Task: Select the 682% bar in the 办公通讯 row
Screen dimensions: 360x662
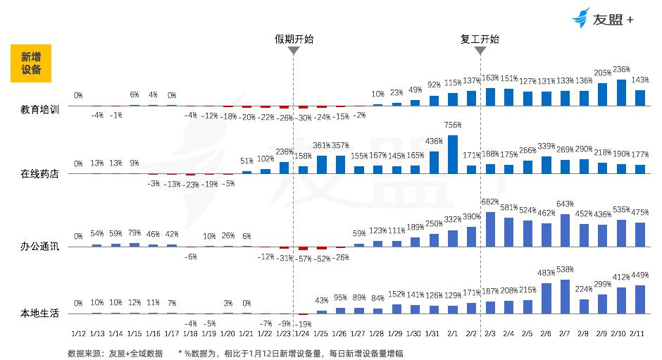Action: tap(490, 229)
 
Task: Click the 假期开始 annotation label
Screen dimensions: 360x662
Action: tap(294, 39)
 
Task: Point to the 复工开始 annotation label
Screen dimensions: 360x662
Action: tap(480, 39)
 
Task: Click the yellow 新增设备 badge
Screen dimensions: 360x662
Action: tap(31, 63)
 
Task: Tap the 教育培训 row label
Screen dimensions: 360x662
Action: tap(40, 110)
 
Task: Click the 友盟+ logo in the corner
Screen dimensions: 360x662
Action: tap(603, 19)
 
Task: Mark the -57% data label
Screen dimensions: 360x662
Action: tap(304, 258)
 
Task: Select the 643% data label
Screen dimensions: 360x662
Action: tap(565, 204)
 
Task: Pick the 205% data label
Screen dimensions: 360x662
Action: tap(602, 73)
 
